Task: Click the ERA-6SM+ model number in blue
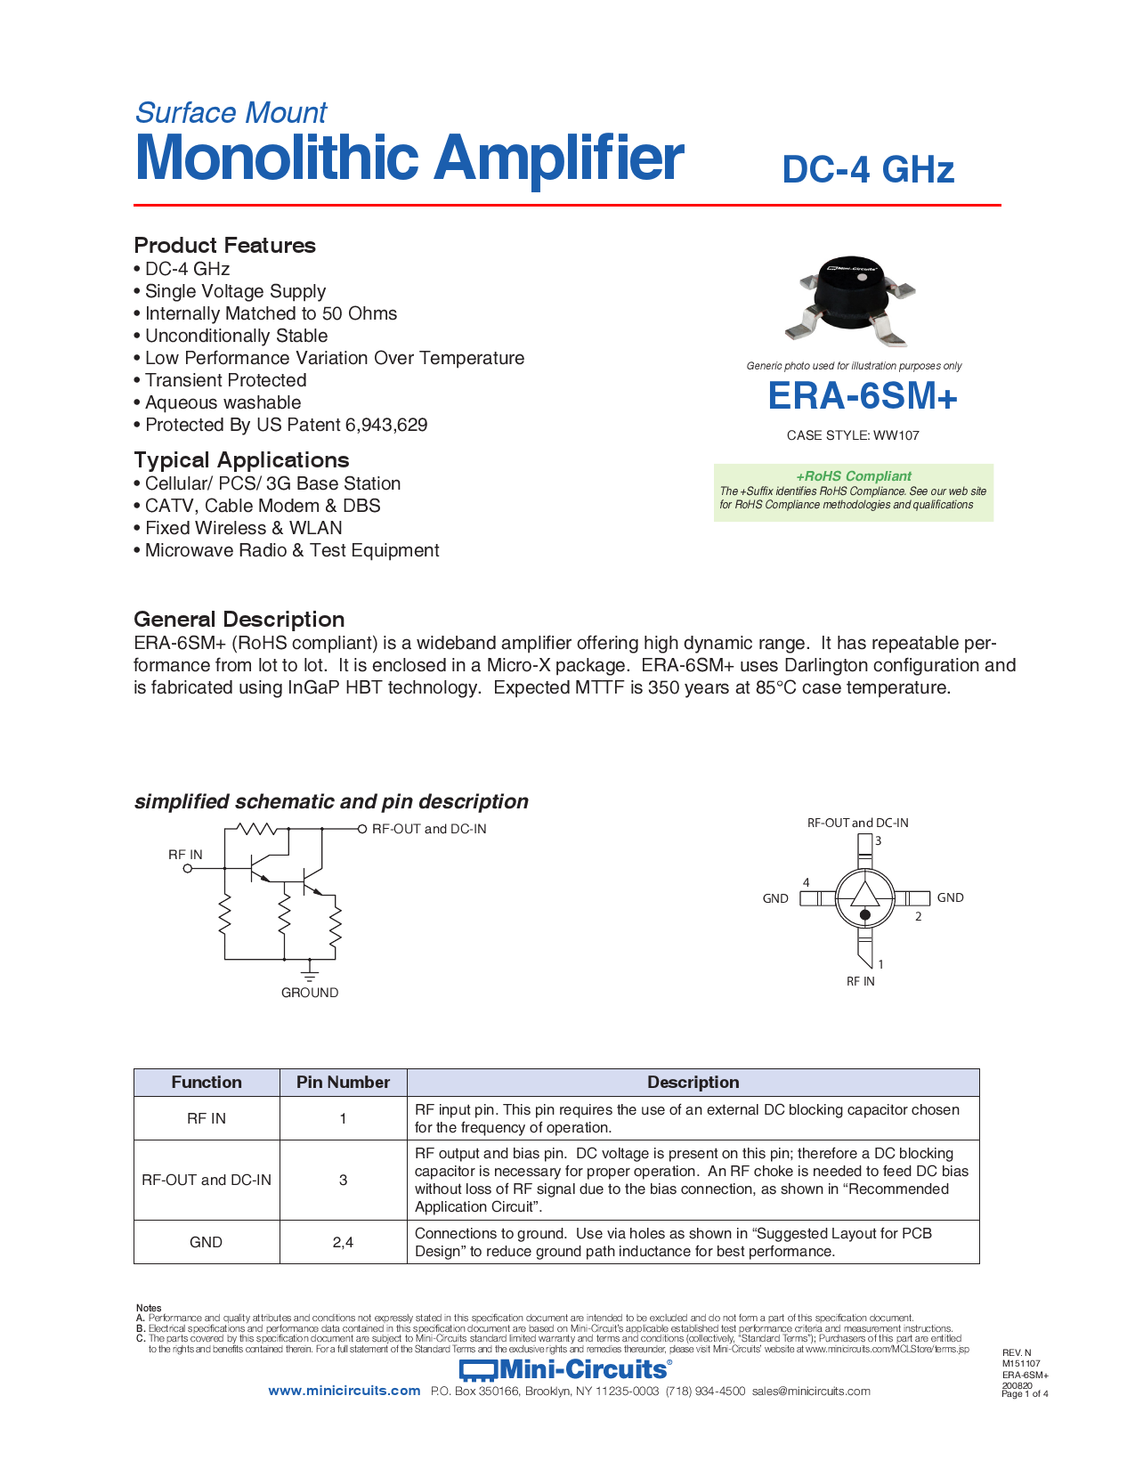click(862, 397)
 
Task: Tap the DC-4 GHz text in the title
click(867, 170)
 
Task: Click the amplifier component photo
click(850, 298)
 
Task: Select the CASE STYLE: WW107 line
click(852, 435)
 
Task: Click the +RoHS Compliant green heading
click(853, 476)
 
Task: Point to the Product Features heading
click(224, 246)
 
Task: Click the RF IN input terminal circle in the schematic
click(188, 869)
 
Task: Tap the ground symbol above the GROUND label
click(310, 972)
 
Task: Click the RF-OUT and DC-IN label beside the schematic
click(428, 829)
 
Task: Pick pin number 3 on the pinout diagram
click(878, 840)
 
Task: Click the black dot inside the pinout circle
click(864, 914)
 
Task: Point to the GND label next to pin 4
click(774, 898)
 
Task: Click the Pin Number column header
click(343, 1083)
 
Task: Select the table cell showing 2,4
click(343, 1242)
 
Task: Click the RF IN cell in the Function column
click(207, 1118)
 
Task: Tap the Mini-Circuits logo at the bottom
click(565, 1369)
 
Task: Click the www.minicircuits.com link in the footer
click(344, 1391)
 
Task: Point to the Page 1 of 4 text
click(1024, 1394)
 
